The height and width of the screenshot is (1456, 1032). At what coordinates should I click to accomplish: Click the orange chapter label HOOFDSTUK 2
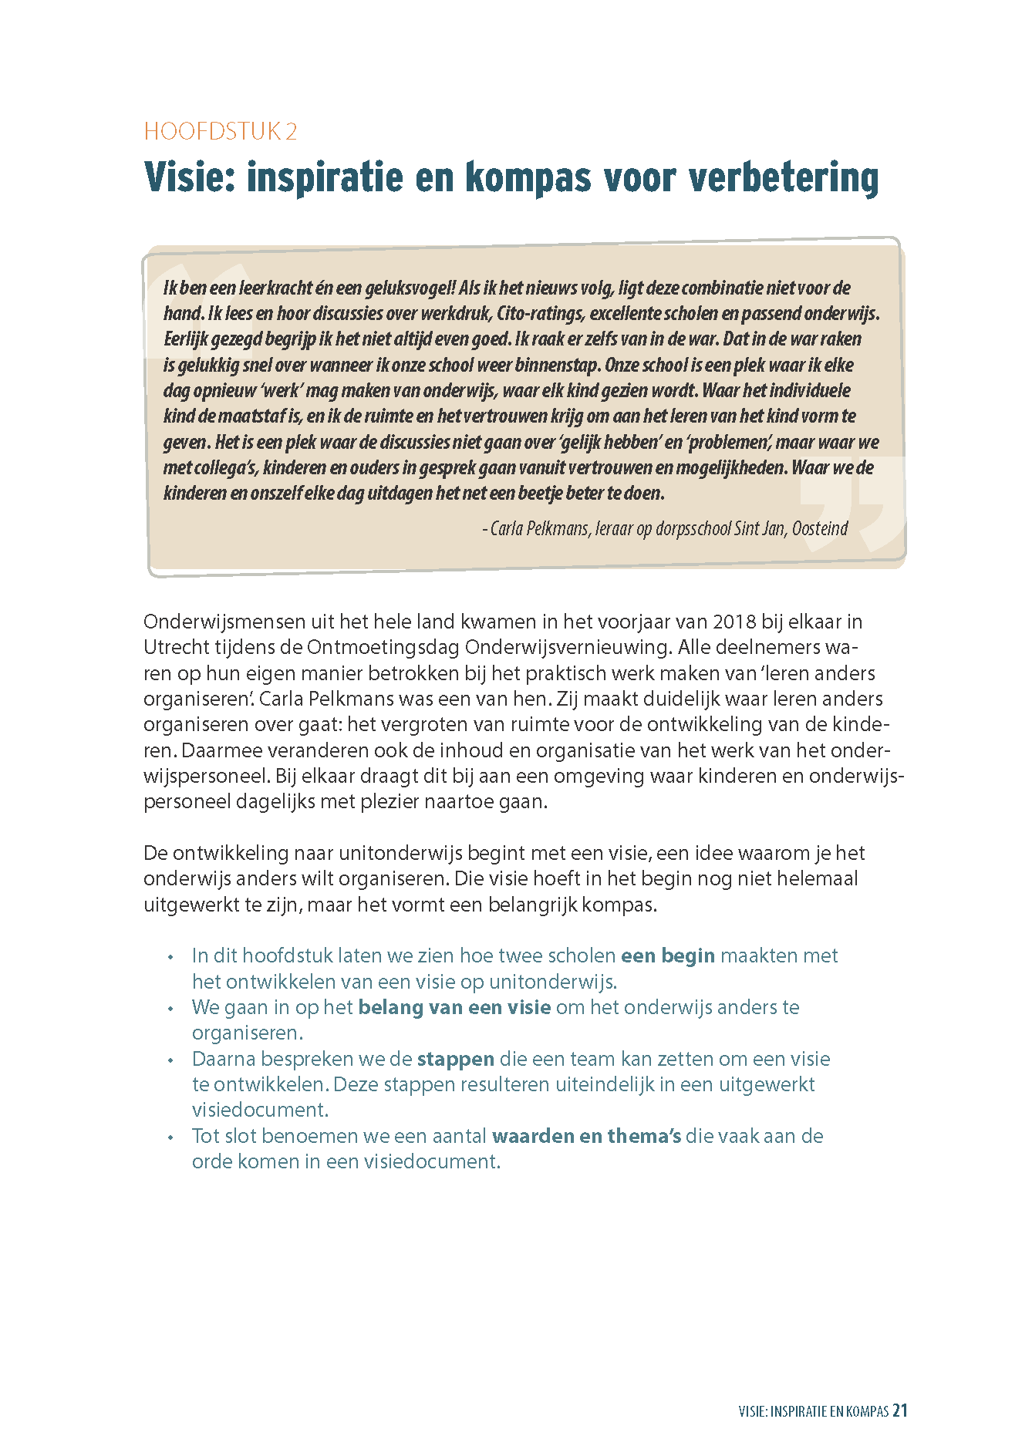[220, 132]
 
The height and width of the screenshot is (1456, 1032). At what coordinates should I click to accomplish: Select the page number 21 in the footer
[899, 1411]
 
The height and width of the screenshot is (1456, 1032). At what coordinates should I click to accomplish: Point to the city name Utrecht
[178, 648]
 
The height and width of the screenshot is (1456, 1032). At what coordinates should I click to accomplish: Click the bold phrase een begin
[668, 956]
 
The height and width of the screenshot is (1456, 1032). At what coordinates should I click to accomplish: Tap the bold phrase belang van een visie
[454, 1008]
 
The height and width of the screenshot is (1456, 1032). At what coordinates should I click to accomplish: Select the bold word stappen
[455, 1060]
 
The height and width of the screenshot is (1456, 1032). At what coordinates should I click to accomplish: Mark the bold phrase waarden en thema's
[586, 1137]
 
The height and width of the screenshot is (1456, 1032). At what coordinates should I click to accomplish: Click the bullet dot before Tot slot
[170, 1137]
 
